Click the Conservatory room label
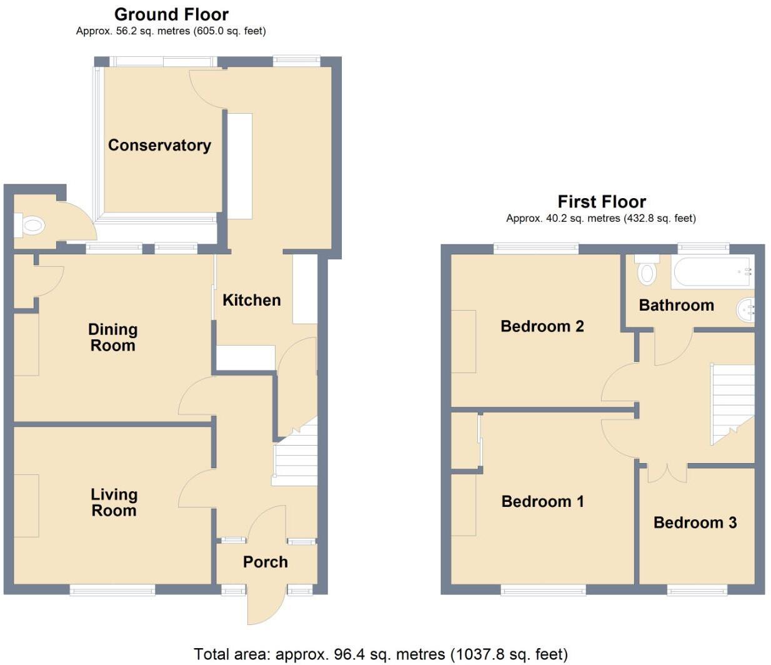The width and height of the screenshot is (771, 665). click(x=159, y=145)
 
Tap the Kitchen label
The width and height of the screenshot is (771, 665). click(x=252, y=300)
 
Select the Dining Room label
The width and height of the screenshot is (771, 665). click(x=112, y=337)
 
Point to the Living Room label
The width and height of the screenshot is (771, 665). click(x=114, y=502)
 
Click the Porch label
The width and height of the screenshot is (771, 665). click(x=266, y=562)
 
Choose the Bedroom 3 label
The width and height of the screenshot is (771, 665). click(x=695, y=522)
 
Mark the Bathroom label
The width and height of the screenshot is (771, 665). click(x=676, y=305)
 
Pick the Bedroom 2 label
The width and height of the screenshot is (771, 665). click(x=542, y=326)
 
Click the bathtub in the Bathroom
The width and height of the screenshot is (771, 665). click(x=712, y=272)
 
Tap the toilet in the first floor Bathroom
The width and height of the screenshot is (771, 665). click(x=647, y=270)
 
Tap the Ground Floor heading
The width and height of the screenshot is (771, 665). click(x=171, y=14)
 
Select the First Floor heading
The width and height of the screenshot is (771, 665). click(x=601, y=201)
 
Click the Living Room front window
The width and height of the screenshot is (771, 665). click(x=112, y=589)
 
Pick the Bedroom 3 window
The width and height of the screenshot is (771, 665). click(x=697, y=589)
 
